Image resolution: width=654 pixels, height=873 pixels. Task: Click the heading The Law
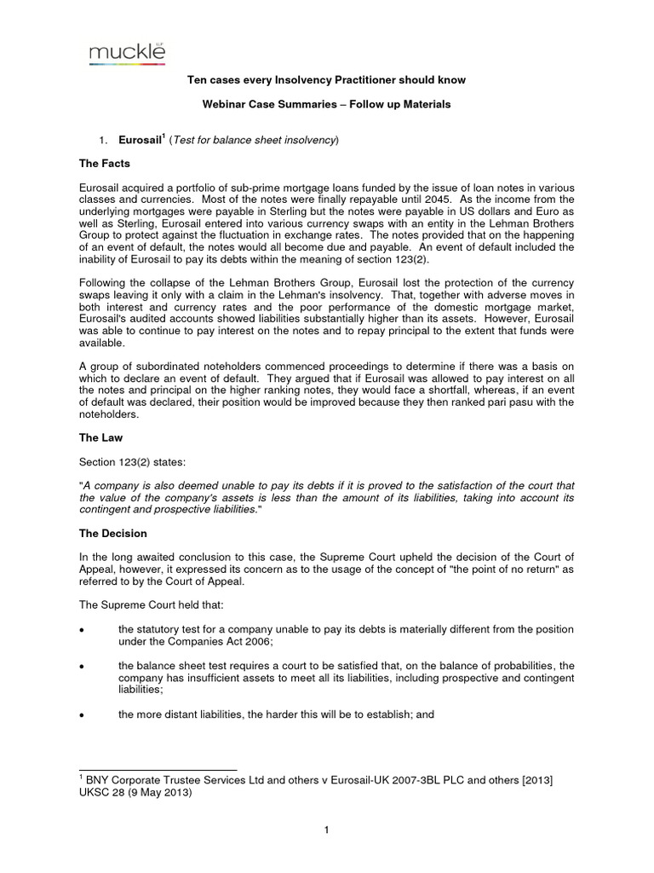100,437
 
